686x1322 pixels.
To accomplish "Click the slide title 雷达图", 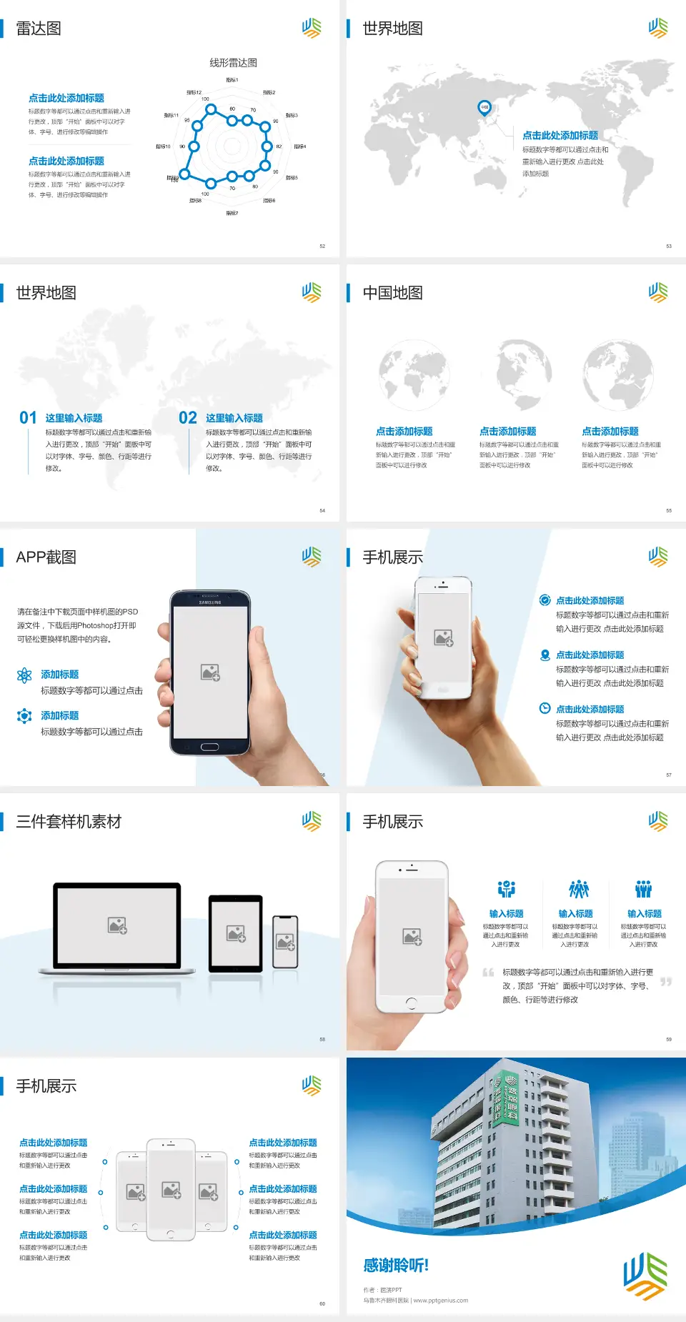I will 39,29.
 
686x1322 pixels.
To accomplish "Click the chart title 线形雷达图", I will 233,63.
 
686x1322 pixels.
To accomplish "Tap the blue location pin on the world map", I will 484,107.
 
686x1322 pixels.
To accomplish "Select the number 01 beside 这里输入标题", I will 28,418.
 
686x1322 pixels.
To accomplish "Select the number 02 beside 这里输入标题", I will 188,418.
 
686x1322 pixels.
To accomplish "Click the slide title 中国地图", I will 392,293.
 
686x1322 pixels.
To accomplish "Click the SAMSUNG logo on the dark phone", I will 210,602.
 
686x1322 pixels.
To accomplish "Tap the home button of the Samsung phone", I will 209,747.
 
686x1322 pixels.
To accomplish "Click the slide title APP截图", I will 46,557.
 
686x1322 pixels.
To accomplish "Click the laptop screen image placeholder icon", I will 117,925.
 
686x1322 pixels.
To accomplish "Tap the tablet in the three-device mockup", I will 236,933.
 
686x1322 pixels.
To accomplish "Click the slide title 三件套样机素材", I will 69,822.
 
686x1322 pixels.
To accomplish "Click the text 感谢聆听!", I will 396,1266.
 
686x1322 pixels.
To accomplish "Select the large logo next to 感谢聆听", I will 645,1276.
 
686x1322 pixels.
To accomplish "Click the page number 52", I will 322,246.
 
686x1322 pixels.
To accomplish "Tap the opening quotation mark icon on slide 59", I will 488,972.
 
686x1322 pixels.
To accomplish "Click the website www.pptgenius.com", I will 441,1301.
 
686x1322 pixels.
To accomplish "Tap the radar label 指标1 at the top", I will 232,80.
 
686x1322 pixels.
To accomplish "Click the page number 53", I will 669,246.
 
